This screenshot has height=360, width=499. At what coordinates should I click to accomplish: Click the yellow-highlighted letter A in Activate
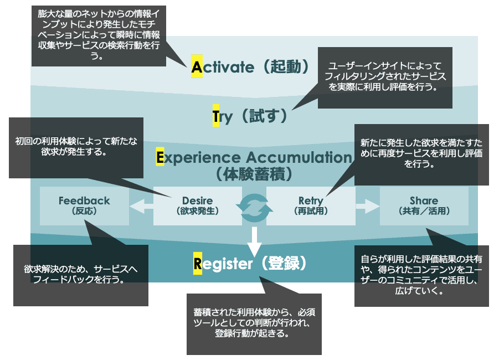point(197,66)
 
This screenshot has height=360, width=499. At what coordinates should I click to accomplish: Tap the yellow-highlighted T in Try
point(216,116)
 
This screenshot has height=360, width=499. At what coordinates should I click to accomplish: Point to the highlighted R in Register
point(198,263)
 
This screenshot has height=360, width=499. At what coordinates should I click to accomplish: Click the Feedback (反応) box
point(84,206)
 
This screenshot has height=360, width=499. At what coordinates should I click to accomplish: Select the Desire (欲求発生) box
point(198,206)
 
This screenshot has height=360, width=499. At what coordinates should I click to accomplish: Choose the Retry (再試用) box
point(311,206)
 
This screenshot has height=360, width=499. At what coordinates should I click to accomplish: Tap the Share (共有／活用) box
point(424,206)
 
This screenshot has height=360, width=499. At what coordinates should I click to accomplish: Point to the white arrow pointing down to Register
point(254,242)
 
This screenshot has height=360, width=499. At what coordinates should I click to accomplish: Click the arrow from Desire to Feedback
point(141,206)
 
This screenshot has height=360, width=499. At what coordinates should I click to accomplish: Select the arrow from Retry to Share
point(368,206)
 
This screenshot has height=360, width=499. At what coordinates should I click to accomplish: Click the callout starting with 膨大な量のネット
point(99,36)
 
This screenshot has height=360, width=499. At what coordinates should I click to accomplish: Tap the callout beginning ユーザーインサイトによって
point(385,78)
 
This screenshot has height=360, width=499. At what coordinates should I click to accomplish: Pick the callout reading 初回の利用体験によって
point(76,148)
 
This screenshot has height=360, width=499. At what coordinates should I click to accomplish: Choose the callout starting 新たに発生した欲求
point(421,155)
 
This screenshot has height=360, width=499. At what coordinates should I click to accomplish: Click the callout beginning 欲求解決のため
point(81,275)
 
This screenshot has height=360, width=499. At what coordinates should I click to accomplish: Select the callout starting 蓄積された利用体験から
point(254,324)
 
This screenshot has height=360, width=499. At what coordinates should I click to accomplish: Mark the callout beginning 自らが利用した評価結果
point(421,276)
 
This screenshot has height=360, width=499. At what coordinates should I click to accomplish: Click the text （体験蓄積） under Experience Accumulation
point(254,174)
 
